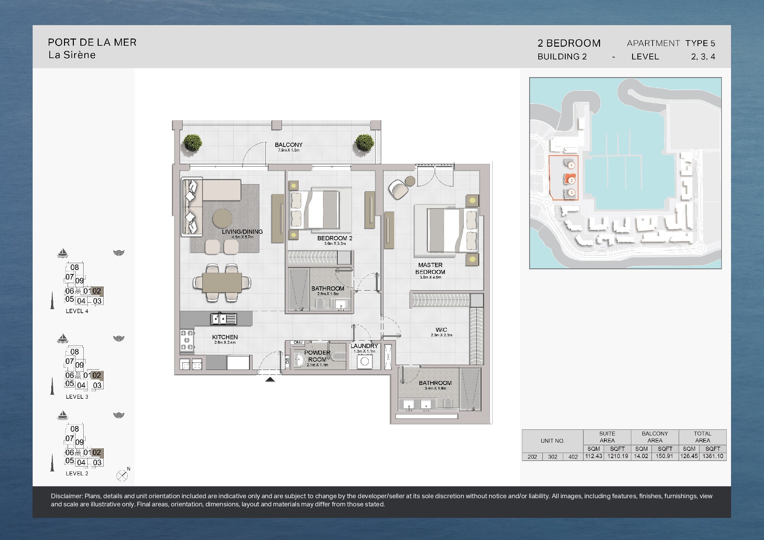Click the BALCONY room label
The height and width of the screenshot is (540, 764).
pos(288,145)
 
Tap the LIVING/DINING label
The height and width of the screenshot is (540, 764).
pos(242,231)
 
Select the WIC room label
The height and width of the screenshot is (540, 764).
pos(441,329)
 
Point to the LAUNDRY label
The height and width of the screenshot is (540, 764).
pos(364,346)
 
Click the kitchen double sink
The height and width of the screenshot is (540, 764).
pos(224,319)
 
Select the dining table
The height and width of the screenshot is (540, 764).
pos(222,282)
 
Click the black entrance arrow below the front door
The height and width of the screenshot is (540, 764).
pos(270,379)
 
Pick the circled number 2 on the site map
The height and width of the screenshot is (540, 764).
pos(571,180)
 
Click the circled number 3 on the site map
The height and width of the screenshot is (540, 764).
pos(571,192)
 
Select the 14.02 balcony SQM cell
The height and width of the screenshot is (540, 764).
pos(641,456)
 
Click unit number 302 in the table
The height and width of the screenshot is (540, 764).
pos(552,456)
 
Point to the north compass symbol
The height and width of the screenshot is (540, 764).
pos(122,476)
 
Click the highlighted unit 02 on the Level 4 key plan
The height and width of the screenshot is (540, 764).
pos(97,291)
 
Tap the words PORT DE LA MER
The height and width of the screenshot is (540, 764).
pos(92,42)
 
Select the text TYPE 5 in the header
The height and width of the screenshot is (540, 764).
pos(700,43)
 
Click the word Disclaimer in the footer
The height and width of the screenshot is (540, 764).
pos(67,496)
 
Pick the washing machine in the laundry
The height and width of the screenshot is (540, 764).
pos(365,361)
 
